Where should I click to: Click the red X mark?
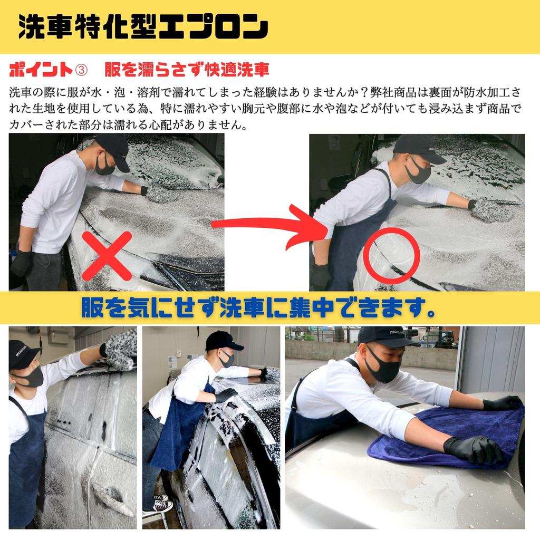click(x=107, y=256)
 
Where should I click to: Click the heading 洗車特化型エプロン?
click(x=143, y=26)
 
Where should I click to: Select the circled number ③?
click(x=81, y=70)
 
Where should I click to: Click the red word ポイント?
click(x=41, y=70)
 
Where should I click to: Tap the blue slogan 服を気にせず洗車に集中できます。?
click(x=258, y=307)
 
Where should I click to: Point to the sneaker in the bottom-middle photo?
click(x=163, y=506)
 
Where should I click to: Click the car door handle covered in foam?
click(x=110, y=495)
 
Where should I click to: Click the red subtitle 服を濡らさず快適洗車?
click(x=187, y=70)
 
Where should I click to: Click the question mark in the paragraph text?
click(x=364, y=92)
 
